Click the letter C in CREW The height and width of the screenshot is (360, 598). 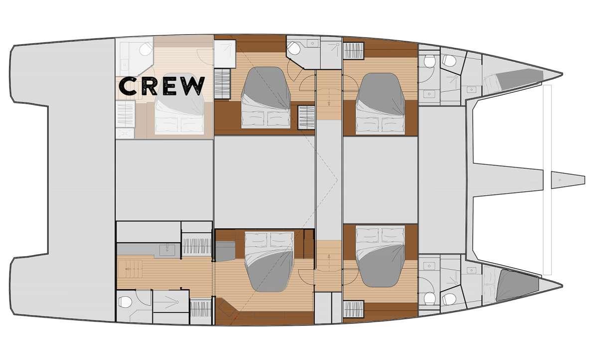128,86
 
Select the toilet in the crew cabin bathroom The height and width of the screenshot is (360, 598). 146,50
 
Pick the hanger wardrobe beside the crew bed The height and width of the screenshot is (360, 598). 125,114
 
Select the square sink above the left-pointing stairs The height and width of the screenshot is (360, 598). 167,250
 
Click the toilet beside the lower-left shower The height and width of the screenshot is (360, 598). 126,302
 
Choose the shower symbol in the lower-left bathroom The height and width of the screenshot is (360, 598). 171,302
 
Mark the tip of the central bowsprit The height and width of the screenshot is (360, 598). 585,180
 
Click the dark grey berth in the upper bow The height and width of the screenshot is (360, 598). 519,79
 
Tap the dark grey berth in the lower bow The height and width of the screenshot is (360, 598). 517,285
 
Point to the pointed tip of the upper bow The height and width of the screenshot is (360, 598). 563,74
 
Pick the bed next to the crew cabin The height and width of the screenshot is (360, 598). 266,98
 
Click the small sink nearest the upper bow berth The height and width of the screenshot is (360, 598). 471,90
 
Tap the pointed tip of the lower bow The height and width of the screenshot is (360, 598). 563,286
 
